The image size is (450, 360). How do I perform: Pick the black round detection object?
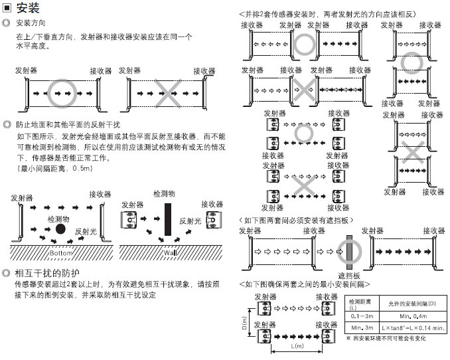[60, 229]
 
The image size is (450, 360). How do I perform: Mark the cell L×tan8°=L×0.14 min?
[413, 327]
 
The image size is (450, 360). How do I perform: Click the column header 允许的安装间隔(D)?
[413, 304]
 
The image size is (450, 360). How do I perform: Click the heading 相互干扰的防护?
[46, 273]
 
